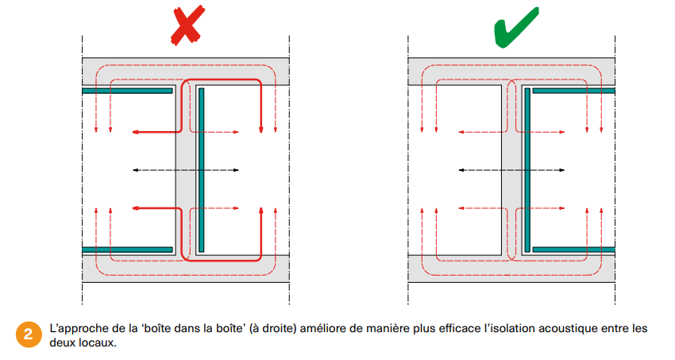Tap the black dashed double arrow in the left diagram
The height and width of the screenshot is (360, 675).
click(x=185, y=170)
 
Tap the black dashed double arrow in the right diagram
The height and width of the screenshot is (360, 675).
click(x=513, y=170)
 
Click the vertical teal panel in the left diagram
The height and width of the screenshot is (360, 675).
click(x=202, y=170)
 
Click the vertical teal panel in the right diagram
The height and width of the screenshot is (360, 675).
click(x=526, y=170)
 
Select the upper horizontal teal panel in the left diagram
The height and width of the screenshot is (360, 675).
click(x=127, y=91)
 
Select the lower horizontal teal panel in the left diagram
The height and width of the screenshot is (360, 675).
click(x=127, y=250)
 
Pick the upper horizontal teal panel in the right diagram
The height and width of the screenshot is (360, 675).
click(x=573, y=91)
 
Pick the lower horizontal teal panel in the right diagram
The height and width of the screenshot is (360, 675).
click(x=573, y=250)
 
